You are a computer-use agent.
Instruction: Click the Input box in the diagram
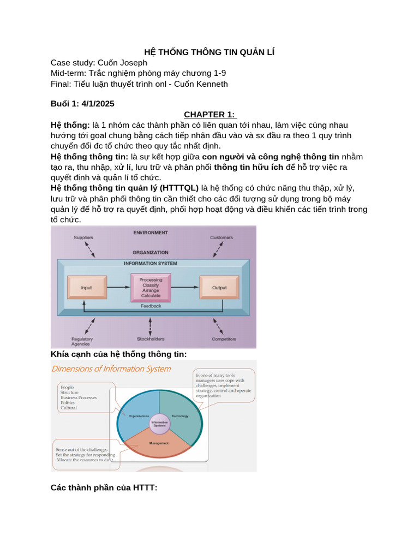point(86,287)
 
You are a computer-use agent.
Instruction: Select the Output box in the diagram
point(219,287)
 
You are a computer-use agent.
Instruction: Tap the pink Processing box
point(151,287)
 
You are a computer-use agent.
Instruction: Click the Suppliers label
point(83,237)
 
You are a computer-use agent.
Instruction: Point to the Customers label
point(222,237)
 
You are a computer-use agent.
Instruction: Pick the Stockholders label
point(151,339)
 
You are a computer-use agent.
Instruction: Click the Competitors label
point(224,339)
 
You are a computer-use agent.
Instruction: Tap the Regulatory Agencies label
point(82,342)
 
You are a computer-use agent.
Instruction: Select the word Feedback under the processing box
point(151,306)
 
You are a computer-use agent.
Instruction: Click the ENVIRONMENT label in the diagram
point(151,233)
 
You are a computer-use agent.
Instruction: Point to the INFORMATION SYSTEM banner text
point(151,263)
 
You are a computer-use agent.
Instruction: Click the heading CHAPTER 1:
point(209,115)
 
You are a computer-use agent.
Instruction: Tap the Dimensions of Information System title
point(111,368)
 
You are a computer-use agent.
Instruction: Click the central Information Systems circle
point(159,423)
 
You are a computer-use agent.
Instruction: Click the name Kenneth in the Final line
point(210,84)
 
